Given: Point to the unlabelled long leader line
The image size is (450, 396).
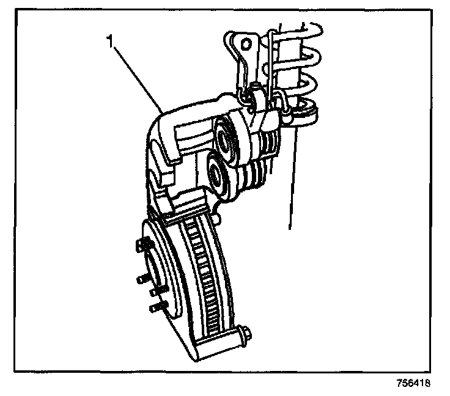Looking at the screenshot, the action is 292,177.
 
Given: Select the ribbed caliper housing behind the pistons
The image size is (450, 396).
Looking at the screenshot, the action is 257,153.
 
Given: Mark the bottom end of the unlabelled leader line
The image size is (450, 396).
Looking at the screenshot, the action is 289,228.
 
